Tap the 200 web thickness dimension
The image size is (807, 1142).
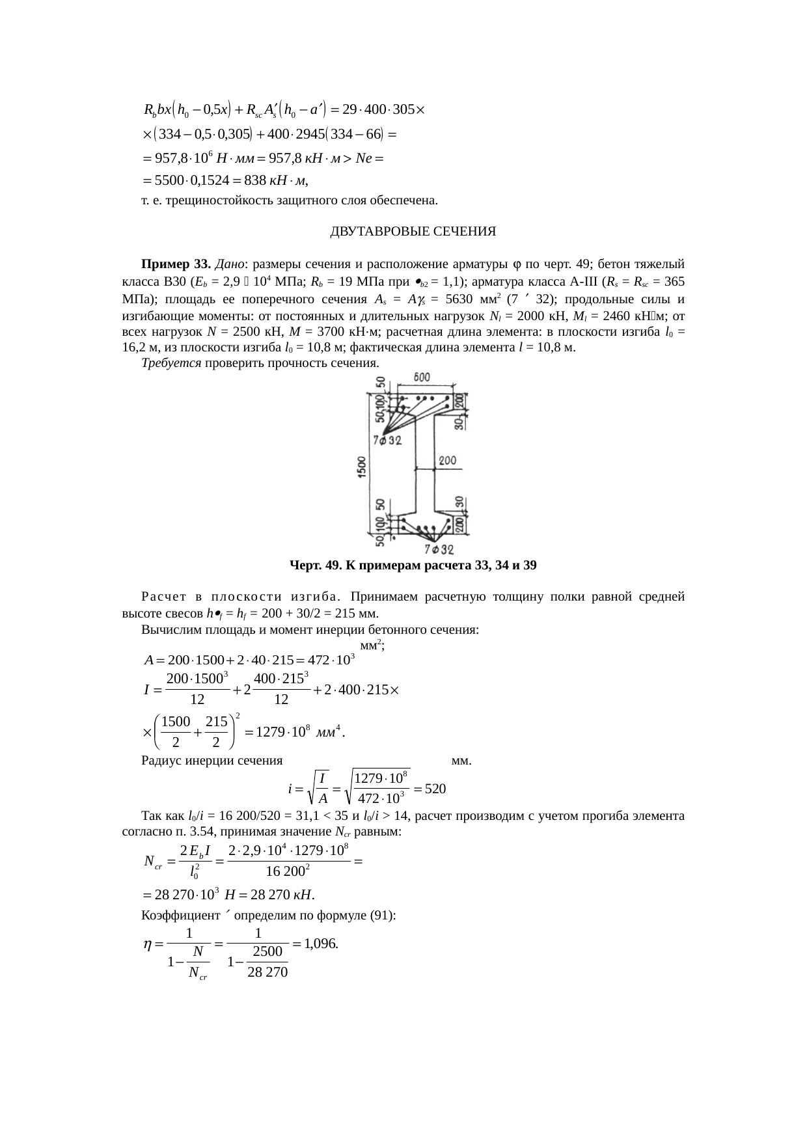447,461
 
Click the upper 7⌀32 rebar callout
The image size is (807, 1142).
387,441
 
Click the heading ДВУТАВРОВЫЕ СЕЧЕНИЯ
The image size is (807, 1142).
413,232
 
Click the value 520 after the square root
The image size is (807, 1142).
435,789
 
